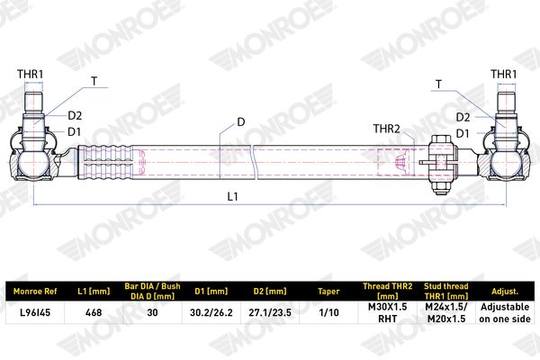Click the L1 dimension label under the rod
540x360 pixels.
tap(232, 196)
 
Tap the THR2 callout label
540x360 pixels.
tap(387, 129)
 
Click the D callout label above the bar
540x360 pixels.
tap(240, 122)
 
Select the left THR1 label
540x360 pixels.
tap(31, 74)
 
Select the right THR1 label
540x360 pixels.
tap(503, 74)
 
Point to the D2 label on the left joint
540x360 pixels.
tap(75, 116)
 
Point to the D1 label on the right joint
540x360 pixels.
tap(463, 134)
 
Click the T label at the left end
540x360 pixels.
tap(94, 81)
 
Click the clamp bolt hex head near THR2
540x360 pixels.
tap(441, 139)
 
